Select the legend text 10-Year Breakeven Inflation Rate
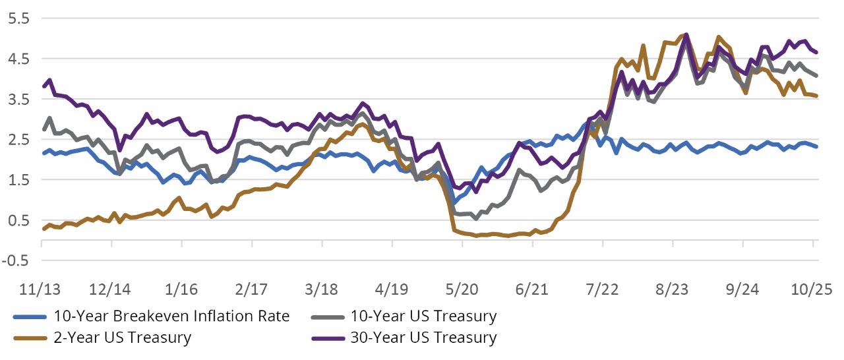tap(171, 316)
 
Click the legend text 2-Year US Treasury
tap(124, 338)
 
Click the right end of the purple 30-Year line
tap(818, 52)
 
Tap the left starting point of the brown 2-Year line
tap(43, 229)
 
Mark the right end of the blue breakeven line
tap(818, 146)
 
